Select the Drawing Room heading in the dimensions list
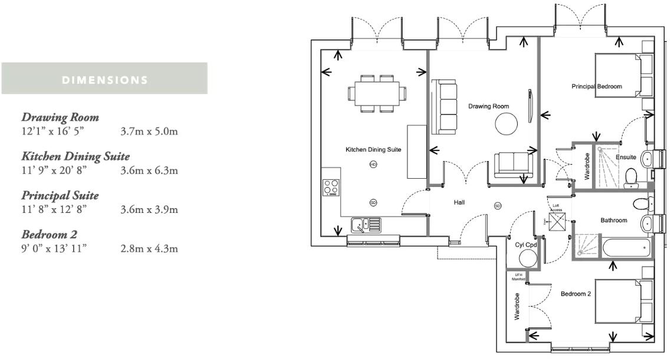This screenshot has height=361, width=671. tap(60, 117)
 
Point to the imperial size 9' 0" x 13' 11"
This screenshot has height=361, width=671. tap(54, 248)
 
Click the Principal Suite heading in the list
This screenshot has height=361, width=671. tap(60, 195)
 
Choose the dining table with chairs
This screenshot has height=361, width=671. tap(377, 93)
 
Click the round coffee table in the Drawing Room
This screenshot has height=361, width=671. tap(506, 124)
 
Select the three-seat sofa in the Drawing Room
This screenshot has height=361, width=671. tap(444, 107)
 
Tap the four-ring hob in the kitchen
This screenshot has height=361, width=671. tap(331, 188)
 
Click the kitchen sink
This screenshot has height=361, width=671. tap(366, 224)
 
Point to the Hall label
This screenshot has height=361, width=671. tap(459, 202)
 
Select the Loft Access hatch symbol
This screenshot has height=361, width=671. tap(557, 221)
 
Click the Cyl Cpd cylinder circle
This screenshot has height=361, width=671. tap(527, 258)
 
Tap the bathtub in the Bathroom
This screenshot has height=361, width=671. tap(625, 248)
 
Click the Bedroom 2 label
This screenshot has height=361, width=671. tap(575, 294)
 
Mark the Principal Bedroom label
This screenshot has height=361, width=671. tap(596, 87)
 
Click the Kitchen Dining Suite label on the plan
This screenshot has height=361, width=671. tap(373, 150)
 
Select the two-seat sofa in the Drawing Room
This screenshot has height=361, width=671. tap(513, 164)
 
